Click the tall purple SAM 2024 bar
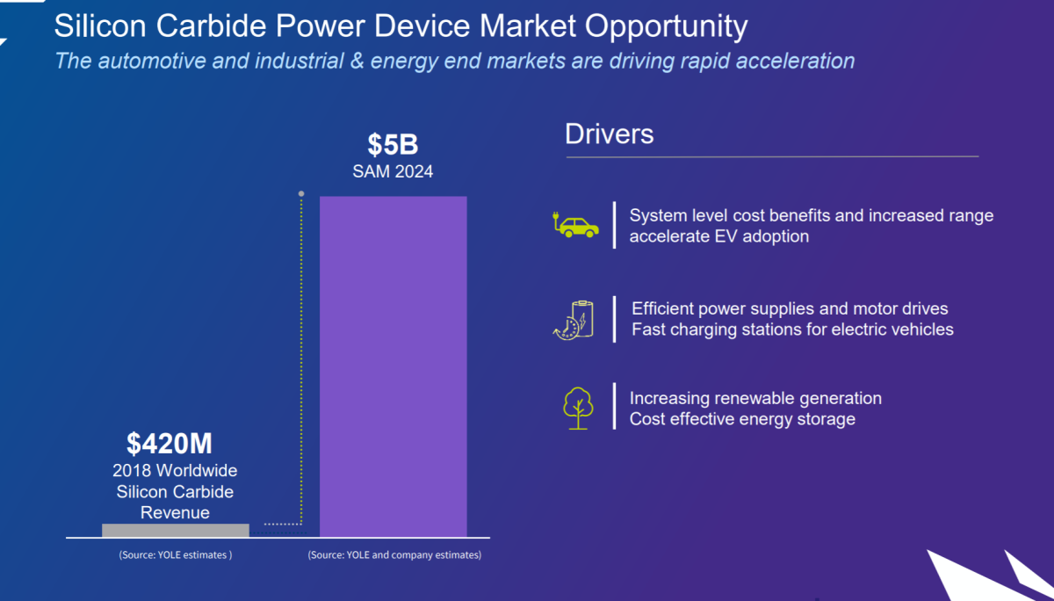click(x=393, y=365)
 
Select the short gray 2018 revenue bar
click(x=175, y=530)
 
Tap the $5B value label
click(x=393, y=145)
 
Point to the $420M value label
click(x=170, y=442)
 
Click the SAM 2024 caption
click(x=393, y=171)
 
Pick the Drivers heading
click(x=609, y=134)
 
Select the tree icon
click(x=577, y=408)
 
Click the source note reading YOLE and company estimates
click(x=394, y=555)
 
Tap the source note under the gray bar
click(x=175, y=555)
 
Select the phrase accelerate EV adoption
click(x=718, y=236)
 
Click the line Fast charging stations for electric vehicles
click(x=792, y=330)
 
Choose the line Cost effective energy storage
click(x=742, y=419)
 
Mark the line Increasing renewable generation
click(x=755, y=398)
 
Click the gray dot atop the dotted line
click(x=301, y=193)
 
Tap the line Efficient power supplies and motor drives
click(x=790, y=309)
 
